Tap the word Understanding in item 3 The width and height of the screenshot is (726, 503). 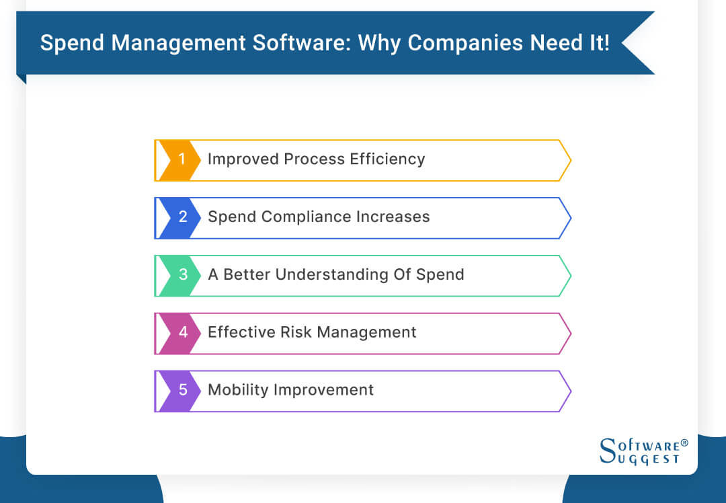(x=341, y=274)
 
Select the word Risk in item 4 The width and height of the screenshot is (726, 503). (x=295, y=332)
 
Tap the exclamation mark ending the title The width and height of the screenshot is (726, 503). (x=606, y=43)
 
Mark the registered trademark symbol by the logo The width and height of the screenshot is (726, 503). (x=684, y=443)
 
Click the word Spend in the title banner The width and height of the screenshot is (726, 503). (x=69, y=43)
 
